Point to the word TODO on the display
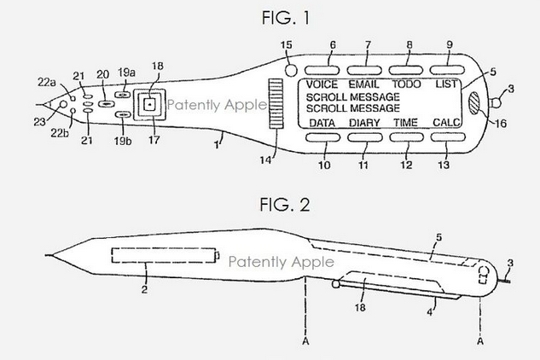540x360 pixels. pos(407,86)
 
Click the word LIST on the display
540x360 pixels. pos(448,86)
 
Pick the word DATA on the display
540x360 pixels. pos(321,124)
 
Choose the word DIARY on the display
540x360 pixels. pos(364,124)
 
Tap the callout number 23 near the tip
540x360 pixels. pos(40,122)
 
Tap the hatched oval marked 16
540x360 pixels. pos(474,103)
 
